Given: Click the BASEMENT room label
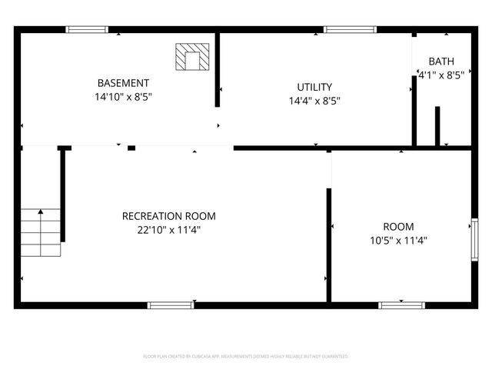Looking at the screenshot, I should [123, 83].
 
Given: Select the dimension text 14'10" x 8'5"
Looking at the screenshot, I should [123, 98].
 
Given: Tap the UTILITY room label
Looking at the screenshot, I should [314, 87].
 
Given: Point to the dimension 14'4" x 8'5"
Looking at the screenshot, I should [314, 101].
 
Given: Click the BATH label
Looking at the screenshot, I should [441, 61].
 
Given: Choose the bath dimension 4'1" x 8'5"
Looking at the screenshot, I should [441, 75].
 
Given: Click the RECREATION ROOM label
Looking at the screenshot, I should [169, 216].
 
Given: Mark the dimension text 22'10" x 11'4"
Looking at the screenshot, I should [169, 229].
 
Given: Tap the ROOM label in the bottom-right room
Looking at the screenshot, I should [398, 227].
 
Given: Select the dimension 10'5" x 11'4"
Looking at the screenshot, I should [398, 240].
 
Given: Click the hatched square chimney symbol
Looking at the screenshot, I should [192, 56].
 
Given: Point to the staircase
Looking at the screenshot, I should [40, 232].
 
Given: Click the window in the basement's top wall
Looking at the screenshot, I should [87, 30].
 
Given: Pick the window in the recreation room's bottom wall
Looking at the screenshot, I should [169, 305].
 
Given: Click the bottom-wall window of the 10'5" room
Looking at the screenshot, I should [401, 305].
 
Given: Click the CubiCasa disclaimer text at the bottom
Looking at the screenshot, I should [246, 357].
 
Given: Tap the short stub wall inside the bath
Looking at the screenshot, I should [437, 126].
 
